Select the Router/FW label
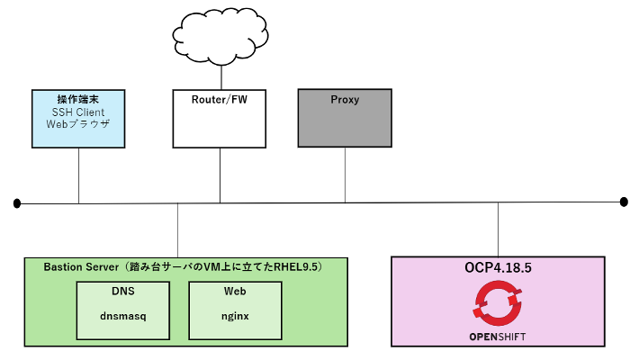click(220, 100)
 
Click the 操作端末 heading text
click(79, 99)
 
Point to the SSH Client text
click(79, 112)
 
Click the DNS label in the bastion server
click(123, 292)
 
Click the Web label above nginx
click(234, 292)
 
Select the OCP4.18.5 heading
click(498, 268)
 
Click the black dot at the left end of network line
click(16, 204)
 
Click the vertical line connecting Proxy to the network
click(345, 175)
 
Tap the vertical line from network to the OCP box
click(498, 229)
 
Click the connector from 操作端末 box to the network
click(79, 175)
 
